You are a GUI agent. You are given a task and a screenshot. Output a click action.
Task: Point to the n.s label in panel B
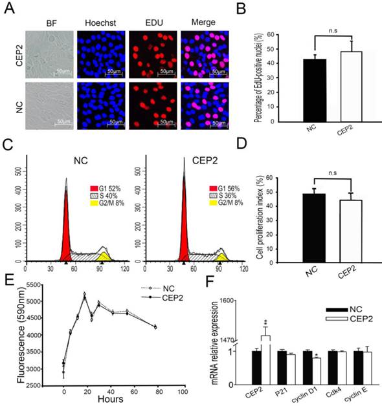tap(308, 35)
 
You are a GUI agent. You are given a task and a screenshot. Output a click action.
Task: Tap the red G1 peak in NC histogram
tap(66, 233)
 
